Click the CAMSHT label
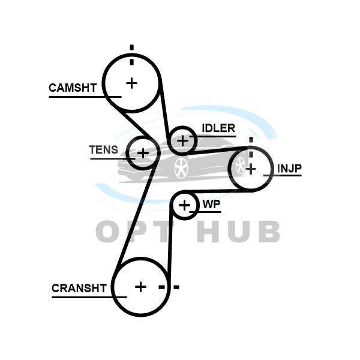click(x=73, y=88)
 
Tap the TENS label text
click(x=104, y=150)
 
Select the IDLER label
click(x=218, y=128)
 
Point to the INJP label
click(x=289, y=169)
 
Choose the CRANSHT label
click(x=79, y=288)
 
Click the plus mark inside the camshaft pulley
click(x=131, y=82)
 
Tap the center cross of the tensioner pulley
click(x=143, y=153)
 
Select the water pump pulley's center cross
click(x=185, y=206)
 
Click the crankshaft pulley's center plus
click(x=140, y=287)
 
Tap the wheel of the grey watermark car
click(x=181, y=167)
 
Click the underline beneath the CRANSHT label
click(x=89, y=296)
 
